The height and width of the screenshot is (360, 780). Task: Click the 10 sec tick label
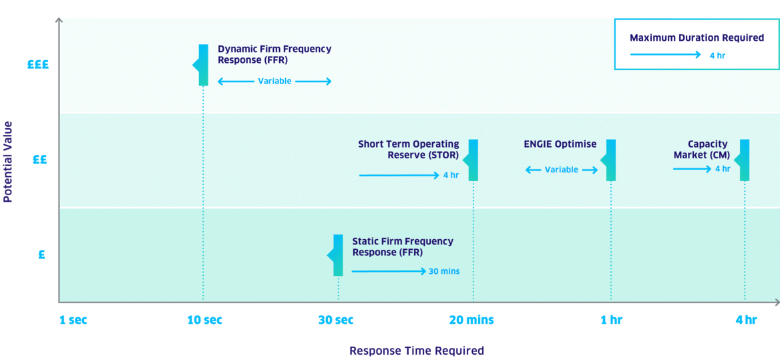[205, 320]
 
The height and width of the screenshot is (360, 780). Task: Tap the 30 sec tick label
[336, 320]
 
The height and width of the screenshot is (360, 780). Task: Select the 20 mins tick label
[471, 320]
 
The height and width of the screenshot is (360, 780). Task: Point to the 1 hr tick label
[610, 320]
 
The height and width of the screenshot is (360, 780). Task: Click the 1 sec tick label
[73, 320]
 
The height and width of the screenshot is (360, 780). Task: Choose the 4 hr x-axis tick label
[745, 320]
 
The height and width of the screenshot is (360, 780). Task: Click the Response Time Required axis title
[416, 351]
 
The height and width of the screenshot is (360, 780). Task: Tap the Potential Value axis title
[8, 162]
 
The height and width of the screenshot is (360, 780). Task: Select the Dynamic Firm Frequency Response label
[274, 54]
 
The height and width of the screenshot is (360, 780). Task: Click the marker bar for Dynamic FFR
[203, 65]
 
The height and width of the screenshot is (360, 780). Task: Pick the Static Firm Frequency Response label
[403, 246]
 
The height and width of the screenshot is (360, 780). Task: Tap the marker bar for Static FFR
[338, 255]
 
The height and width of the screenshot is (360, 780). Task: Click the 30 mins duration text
[444, 271]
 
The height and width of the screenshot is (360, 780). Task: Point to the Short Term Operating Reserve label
[409, 150]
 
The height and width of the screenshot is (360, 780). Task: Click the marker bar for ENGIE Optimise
[610, 160]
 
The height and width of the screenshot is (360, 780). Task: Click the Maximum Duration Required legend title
[697, 38]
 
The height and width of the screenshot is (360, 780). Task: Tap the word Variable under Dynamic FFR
[274, 81]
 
